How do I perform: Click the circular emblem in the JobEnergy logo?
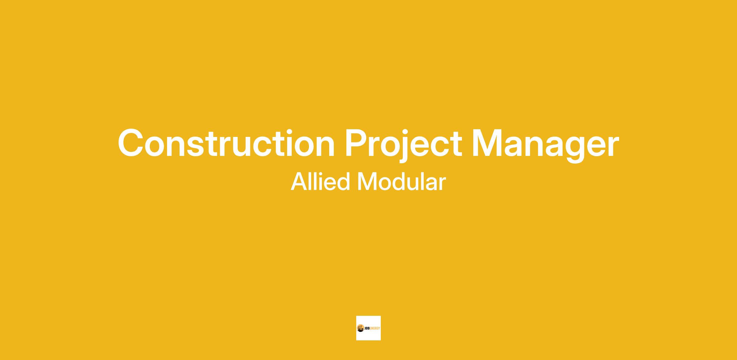click(x=361, y=328)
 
